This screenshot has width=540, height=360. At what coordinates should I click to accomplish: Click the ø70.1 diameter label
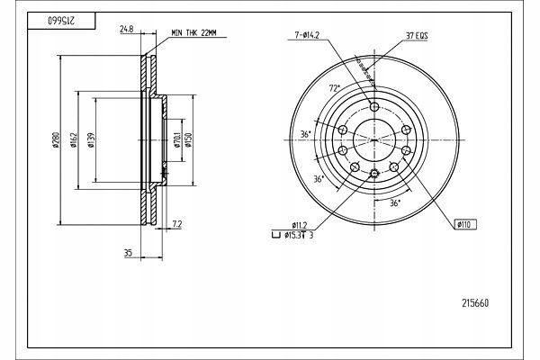coord(177,140)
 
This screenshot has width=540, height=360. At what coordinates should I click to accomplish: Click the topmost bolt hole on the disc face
coord(374,105)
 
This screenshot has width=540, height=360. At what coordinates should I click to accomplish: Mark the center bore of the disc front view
coord(374,139)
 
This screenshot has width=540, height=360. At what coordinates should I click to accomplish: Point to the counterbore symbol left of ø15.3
coord(275,236)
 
